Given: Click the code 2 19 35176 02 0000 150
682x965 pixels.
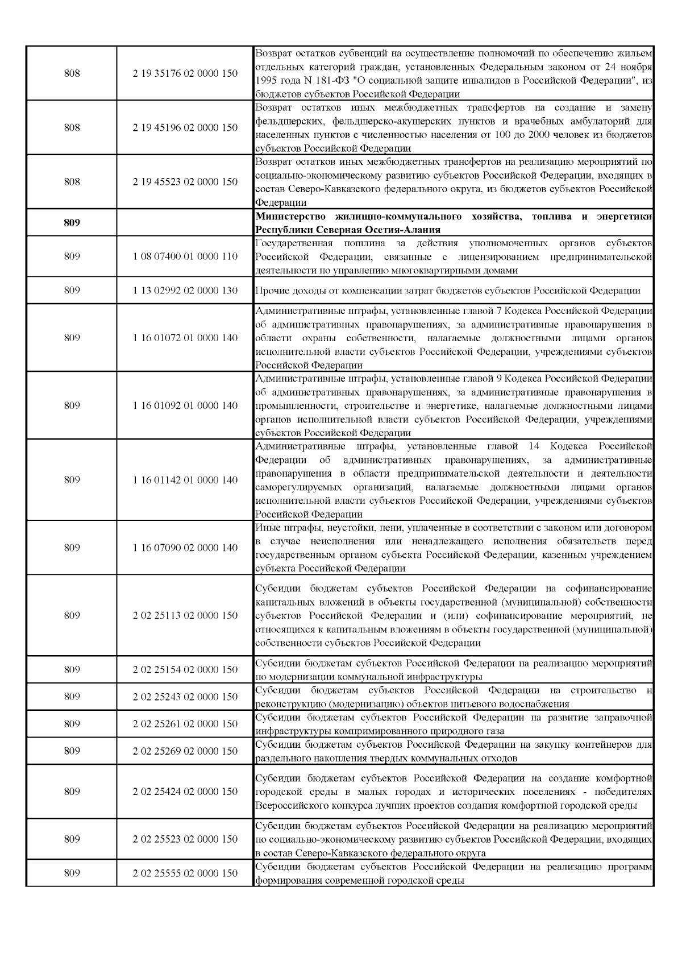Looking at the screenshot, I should pos(185,73).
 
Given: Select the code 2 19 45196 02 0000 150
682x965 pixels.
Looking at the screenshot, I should pos(185,127).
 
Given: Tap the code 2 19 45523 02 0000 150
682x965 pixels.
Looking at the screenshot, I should pos(185,182).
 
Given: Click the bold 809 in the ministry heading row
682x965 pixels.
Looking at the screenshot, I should pos(72,223).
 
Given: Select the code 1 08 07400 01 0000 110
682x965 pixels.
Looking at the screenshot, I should pos(185,256).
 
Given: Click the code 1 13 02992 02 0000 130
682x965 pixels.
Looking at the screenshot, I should pos(185,291).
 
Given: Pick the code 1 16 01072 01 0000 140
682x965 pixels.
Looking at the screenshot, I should pos(185,338).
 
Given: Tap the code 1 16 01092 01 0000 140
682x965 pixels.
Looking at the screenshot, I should pos(185,405).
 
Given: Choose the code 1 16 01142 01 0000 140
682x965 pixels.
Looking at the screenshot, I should pos(185,480).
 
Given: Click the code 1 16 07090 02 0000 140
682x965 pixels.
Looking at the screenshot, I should pos(185,548).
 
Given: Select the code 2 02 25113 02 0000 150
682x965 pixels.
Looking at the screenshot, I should pos(185,615).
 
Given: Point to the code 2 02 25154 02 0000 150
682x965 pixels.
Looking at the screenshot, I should pos(185,670).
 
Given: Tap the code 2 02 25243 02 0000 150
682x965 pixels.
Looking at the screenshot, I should pos(185,697).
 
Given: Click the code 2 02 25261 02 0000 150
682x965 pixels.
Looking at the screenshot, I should pos(185,724).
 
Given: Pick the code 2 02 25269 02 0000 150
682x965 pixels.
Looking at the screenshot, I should pos(185,751).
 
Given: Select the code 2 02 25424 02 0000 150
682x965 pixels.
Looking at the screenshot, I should pos(185,792).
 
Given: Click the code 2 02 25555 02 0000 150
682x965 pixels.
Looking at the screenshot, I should pos(185,873).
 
